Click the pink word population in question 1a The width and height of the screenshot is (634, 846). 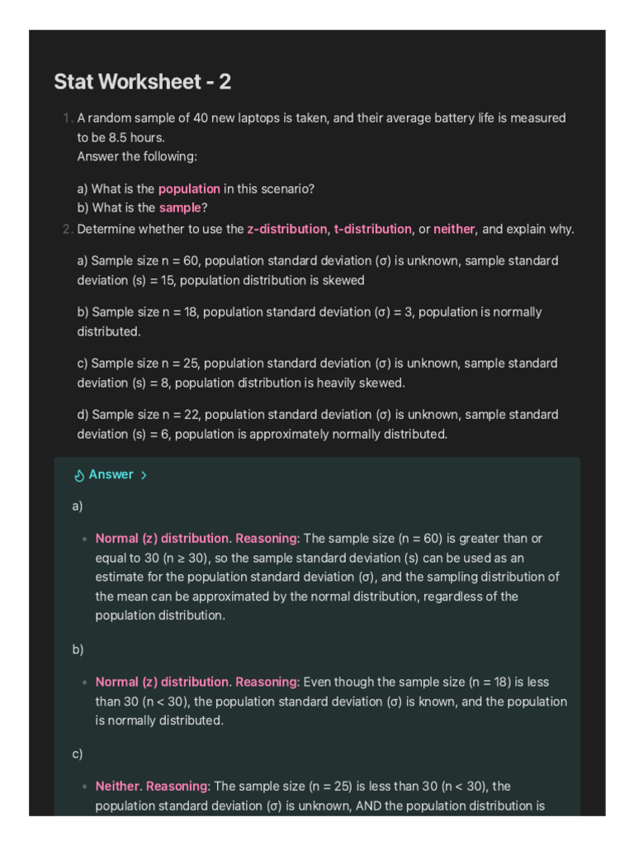point(189,188)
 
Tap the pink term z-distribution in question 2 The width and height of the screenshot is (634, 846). point(286,229)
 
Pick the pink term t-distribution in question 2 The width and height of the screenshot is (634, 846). point(372,229)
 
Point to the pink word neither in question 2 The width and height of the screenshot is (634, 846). point(454,229)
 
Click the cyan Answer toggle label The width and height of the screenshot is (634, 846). point(111,475)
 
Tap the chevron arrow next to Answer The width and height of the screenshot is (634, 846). point(144,476)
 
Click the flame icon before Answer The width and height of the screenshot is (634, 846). point(80,475)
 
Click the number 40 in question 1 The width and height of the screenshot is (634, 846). point(201,118)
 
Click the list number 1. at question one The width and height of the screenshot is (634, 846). point(67,118)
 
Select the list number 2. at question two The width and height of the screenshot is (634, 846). point(67,229)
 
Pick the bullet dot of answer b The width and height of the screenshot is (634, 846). point(84,683)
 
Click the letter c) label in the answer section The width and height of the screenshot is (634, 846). point(78,753)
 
